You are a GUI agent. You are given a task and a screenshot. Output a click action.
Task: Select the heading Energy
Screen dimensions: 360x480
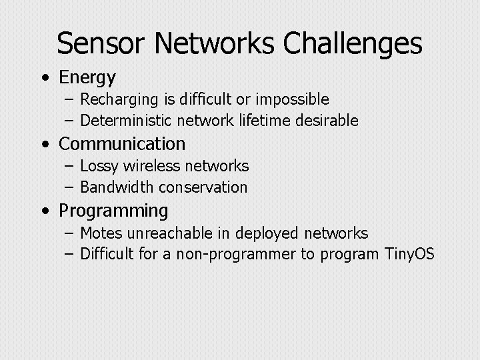pos(87,78)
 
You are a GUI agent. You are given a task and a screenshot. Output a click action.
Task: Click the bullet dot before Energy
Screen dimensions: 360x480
pos(44,78)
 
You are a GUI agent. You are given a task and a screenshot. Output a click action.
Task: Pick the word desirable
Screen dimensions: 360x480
pos(327,121)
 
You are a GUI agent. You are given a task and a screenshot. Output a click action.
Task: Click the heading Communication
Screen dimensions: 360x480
pos(122,143)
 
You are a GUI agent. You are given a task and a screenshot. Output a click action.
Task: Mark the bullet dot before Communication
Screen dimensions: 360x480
pos(44,144)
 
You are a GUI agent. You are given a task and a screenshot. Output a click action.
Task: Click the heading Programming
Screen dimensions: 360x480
pos(113,211)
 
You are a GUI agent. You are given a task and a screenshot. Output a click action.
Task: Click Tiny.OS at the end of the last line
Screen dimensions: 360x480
pos(409,254)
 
